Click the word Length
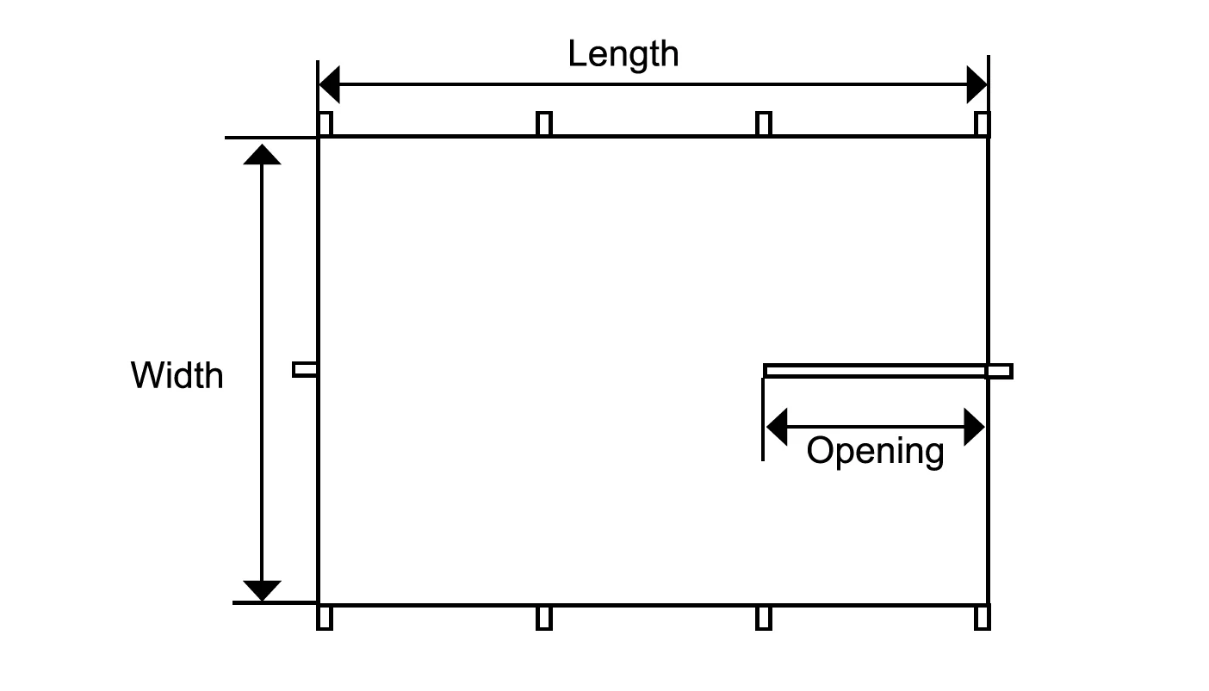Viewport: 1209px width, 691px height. click(623, 54)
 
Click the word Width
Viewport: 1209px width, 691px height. click(177, 376)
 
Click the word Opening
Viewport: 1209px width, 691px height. click(875, 451)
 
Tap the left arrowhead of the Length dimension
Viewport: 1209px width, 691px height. click(329, 84)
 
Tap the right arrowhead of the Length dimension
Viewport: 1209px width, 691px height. click(977, 84)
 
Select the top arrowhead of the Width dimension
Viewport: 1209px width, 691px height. click(262, 154)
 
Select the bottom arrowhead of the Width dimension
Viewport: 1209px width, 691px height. click(262, 591)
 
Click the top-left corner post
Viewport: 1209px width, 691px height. click(325, 124)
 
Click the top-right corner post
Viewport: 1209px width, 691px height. click(983, 124)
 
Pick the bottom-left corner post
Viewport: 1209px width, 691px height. click(325, 618)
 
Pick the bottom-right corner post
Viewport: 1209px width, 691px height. click(983, 618)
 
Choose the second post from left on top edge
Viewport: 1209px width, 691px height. click(543, 124)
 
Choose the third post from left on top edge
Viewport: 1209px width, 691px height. click(763, 124)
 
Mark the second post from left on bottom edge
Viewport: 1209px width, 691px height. click(543, 618)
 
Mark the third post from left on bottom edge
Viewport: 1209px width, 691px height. click(763, 618)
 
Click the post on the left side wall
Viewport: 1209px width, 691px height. click(305, 369)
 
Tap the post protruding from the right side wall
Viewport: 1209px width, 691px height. click(1000, 372)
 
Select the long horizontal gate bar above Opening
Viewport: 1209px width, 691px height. click(874, 371)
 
